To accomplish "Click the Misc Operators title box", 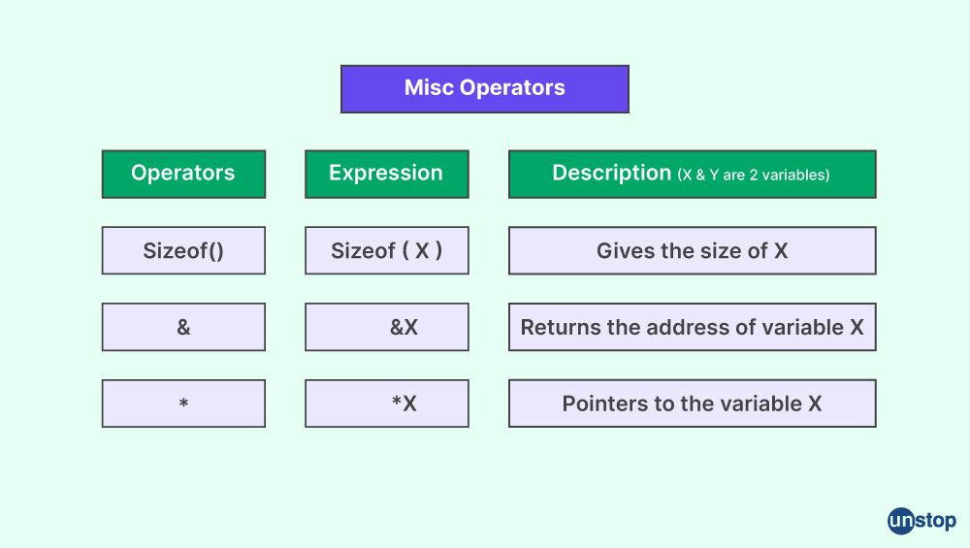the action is tap(484, 89).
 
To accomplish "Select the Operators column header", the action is tap(183, 174).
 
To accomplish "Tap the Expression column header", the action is tap(387, 174).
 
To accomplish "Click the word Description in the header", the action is tap(611, 174).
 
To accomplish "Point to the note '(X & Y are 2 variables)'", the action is tap(754, 175).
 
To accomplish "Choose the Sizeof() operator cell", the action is tap(183, 250).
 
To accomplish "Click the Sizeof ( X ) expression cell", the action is tap(387, 250).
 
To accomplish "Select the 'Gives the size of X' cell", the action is tap(693, 250).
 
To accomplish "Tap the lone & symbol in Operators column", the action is tap(183, 327).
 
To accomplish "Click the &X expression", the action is tap(404, 327).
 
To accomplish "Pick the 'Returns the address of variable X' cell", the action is tap(693, 327).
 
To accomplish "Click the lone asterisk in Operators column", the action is tap(183, 403).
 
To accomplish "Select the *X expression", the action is tap(404, 403).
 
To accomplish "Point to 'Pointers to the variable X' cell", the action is tap(693, 403).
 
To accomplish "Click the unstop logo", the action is tap(921, 521).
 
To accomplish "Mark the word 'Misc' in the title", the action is tap(429, 88).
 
